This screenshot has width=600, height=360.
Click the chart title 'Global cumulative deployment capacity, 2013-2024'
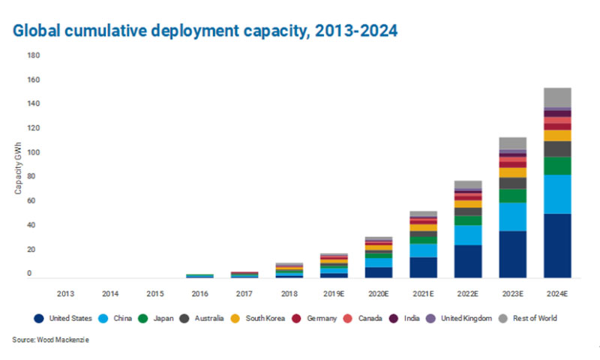point(205,31)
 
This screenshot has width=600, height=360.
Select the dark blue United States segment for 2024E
point(557,246)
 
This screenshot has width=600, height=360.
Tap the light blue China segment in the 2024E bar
point(557,194)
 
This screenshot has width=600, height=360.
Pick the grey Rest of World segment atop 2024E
point(557,97)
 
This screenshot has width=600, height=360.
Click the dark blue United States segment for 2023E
point(513,254)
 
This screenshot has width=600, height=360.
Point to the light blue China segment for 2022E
point(468,235)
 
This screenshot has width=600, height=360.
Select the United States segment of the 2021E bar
point(424,268)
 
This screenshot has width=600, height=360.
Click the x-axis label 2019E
point(334,292)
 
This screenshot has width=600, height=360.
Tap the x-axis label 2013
point(66,292)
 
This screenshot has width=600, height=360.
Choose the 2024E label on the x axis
point(557,292)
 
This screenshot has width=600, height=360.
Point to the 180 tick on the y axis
point(34,55)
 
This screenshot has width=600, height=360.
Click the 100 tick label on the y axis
point(34,153)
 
